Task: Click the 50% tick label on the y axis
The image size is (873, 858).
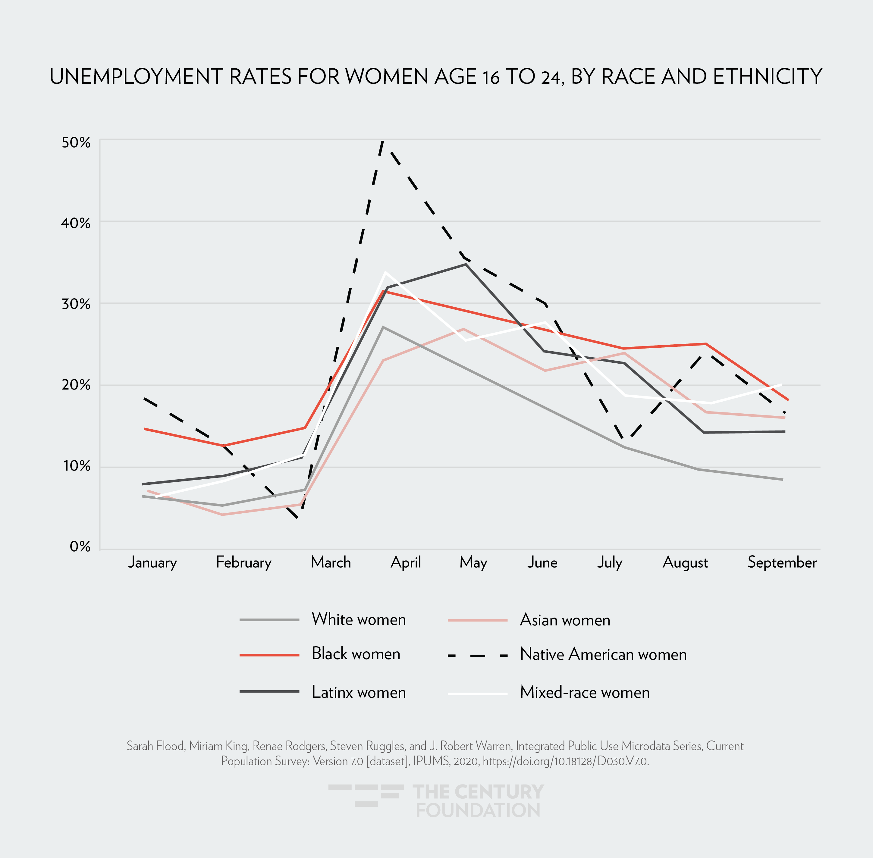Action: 76,143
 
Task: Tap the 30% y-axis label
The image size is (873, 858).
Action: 76,304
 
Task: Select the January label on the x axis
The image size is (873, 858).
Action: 152,563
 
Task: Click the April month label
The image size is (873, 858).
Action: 406,563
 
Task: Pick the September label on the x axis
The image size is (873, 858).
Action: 782,562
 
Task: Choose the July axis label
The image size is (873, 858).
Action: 610,563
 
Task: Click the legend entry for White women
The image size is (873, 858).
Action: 359,620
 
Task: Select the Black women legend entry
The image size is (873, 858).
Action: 356,654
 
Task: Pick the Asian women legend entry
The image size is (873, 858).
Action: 565,620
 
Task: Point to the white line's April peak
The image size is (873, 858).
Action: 385,272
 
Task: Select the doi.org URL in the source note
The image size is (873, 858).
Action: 566,761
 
